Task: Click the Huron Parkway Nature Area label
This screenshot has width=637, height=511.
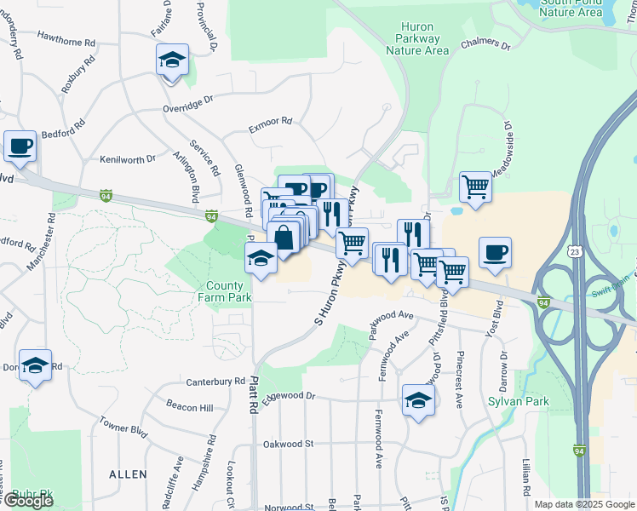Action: pyautogui.click(x=417, y=38)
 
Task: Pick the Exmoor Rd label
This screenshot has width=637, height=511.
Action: pyautogui.click(x=270, y=125)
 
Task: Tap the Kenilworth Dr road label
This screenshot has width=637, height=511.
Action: pyautogui.click(x=128, y=158)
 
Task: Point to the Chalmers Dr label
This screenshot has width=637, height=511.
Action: pyautogui.click(x=485, y=44)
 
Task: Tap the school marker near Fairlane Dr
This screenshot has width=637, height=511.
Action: pyautogui.click(x=172, y=61)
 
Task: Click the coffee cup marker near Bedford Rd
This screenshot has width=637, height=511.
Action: pyautogui.click(x=20, y=146)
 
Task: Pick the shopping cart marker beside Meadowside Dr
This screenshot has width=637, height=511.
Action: pyautogui.click(x=475, y=187)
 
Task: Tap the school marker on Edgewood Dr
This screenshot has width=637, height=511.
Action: pyautogui.click(x=417, y=401)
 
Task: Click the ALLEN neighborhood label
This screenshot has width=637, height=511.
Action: pyautogui.click(x=128, y=474)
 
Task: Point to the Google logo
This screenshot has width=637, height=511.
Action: pyautogui.click(x=28, y=501)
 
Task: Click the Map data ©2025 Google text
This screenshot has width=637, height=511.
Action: pyautogui.click(x=584, y=504)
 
